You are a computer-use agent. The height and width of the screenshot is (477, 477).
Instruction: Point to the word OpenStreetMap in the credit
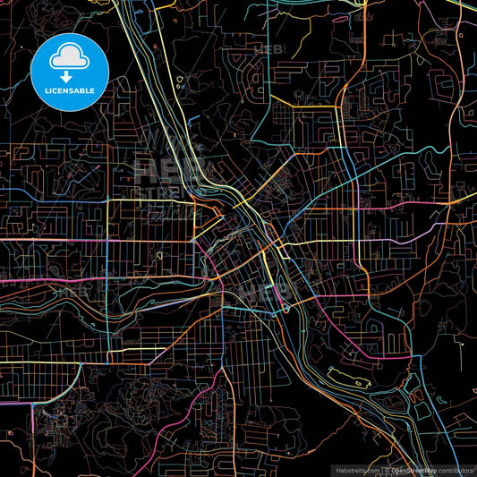coord(413,470)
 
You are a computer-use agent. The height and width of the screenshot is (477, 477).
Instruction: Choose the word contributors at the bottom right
coord(455,470)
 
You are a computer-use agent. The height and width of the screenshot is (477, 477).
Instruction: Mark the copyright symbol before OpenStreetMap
coord(387,470)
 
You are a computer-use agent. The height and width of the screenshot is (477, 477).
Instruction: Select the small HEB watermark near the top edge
coord(268,48)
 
